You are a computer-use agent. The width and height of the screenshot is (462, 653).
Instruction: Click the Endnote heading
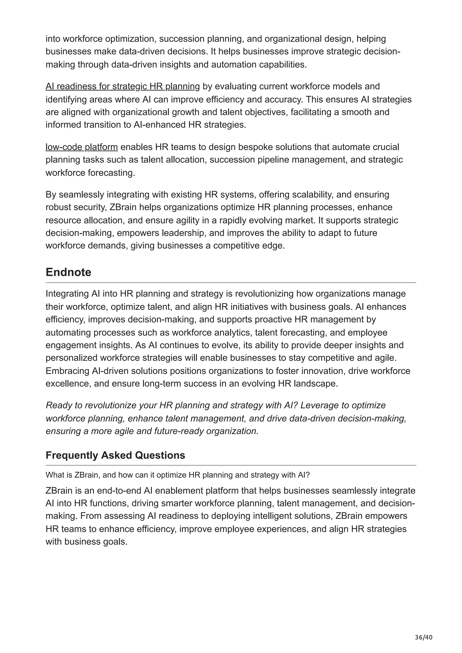point(68,272)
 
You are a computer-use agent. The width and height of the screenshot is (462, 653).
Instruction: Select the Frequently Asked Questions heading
point(115,455)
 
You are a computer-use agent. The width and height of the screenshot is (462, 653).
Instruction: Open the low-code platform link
point(82,147)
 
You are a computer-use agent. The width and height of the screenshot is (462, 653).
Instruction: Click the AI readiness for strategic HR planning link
point(123,86)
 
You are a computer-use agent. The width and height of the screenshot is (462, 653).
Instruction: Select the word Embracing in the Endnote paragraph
point(67,371)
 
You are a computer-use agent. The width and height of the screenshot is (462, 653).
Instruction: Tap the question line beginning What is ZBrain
point(177,475)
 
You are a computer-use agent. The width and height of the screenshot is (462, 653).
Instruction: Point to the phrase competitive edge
point(249,245)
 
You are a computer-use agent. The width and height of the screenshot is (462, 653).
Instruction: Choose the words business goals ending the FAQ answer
point(96,541)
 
